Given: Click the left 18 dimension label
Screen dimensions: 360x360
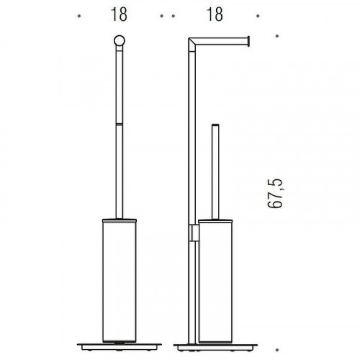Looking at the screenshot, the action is click(x=119, y=14).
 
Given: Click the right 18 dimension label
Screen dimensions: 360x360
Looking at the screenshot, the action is click(x=215, y=14).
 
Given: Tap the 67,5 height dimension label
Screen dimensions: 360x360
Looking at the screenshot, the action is click(x=275, y=194).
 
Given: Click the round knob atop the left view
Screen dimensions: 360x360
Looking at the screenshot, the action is click(x=120, y=40).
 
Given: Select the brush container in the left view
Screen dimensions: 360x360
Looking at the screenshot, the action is click(x=120, y=281).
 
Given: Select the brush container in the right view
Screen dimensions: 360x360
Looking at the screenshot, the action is click(x=215, y=281).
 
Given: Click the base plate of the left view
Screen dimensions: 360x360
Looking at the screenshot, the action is click(x=120, y=347).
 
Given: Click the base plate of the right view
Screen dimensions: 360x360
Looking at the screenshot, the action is click(x=215, y=347).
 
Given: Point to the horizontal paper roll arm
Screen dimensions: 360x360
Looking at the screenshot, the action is click(x=221, y=41).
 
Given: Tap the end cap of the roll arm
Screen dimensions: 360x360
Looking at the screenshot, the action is click(x=249, y=41).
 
